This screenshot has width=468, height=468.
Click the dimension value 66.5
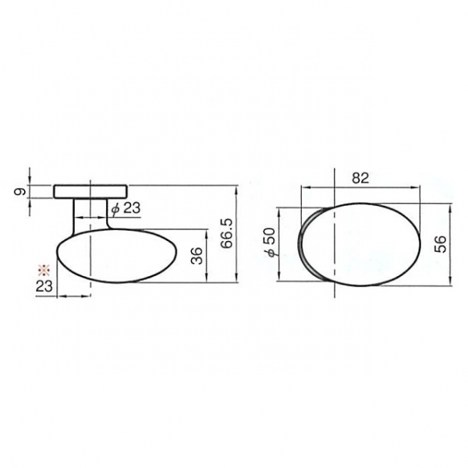pyautogui.click(x=227, y=234)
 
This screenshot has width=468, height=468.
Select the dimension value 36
pyautogui.click(x=197, y=256)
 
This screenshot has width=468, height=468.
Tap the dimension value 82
pyautogui.click(x=360, y=178)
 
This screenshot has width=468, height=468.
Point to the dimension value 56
pyautogui.click(x=440, y=244)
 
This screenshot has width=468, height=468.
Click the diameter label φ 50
pyautogui.click(x=269, y=242)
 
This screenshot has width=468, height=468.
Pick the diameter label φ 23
pyautogui.click(x=126, y=208)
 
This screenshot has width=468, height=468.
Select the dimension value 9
pyautogui.click(x=20, y=192)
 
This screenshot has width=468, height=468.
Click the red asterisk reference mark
pyautogui.click(x=44, y=270)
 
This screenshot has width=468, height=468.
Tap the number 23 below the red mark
pyautogui.click(x=44, y=286)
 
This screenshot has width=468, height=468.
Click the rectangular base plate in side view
pyautogui.click(x=90, y=191)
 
